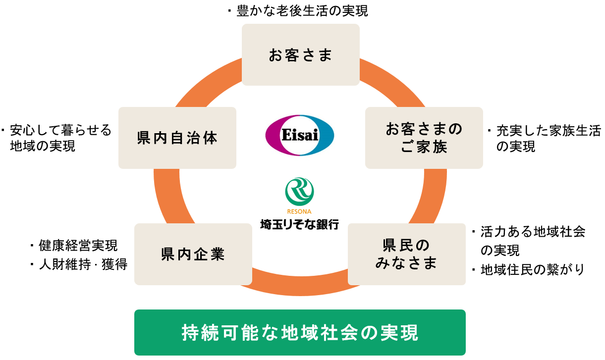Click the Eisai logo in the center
click(x=300, y=136)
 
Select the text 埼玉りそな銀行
click(x=300, y=224)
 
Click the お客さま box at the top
click(x=300, y=55)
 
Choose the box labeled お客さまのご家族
click(x=424, y=138)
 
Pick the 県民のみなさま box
click(x=406, y=254)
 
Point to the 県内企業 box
click(x=193, y=254)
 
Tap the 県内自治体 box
click(x=177, y=138)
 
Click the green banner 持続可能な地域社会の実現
click(x=300, y=332)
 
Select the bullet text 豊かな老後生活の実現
click(x=302, y=11)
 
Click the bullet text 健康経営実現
click(x=78, y=245)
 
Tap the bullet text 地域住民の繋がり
click(x=533, y=269)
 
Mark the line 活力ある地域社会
click(x=533, y=231)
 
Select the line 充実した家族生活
click(x=549, y=131)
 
